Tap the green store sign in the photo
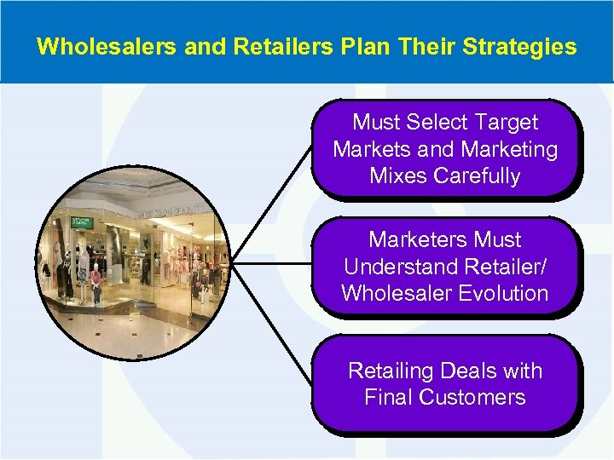tap(83, 222)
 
